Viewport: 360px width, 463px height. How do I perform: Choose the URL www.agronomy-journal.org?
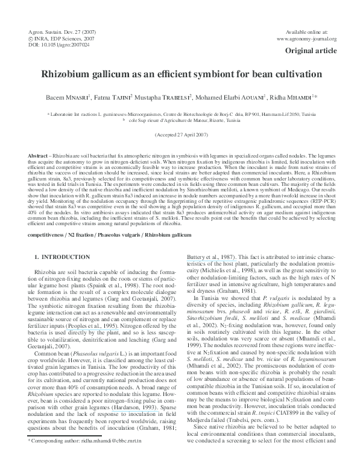click(x=306, y=39)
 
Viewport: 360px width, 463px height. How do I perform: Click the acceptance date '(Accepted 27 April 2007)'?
click(x=180, y=134)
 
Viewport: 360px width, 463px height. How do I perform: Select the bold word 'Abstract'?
click(x=39, y=156)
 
